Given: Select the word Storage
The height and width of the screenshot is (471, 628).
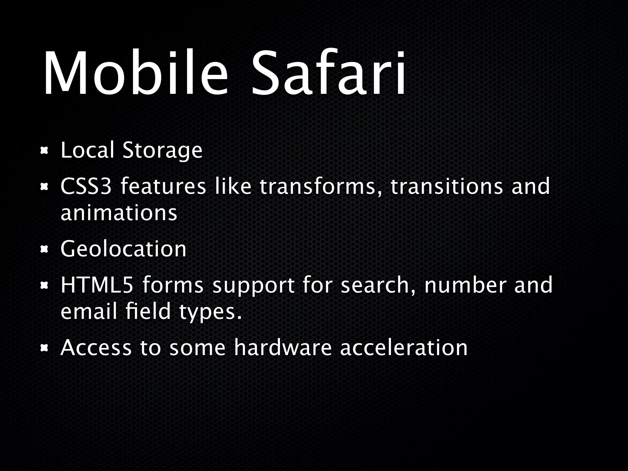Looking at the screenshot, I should point(162,151).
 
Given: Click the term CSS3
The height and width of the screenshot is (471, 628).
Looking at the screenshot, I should point(86,186).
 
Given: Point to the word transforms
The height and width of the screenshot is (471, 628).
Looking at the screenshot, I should point(318,186).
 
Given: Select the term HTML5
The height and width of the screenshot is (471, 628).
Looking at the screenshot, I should point(97,285).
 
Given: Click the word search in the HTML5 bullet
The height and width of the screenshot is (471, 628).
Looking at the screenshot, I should point(378,285).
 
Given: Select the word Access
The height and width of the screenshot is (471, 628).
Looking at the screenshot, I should point(96,348).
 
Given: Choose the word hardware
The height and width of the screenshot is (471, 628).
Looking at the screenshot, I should point(283,348).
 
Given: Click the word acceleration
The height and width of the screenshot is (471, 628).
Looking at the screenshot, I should point(404,348).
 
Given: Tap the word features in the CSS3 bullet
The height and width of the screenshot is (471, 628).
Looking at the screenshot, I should point(163,186).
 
